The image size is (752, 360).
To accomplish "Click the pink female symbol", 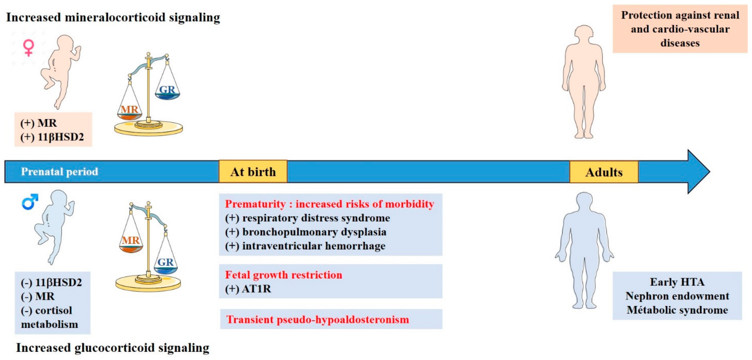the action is [29, 48].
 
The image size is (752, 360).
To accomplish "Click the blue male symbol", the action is [30, 202].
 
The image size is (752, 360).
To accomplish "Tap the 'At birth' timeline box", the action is [253, 171].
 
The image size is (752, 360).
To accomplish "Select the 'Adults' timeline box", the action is [604, 172].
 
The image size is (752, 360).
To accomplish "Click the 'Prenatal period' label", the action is [60, 171].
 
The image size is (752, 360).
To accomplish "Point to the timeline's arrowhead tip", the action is [710, 171].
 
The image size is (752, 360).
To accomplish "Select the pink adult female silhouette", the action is [584, 82].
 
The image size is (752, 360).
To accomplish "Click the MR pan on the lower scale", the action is [131, 244].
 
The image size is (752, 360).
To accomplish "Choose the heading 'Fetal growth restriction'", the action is [283, 275].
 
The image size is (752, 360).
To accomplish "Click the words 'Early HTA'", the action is [677, 282].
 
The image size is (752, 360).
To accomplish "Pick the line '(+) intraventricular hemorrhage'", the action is [305, 246].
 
